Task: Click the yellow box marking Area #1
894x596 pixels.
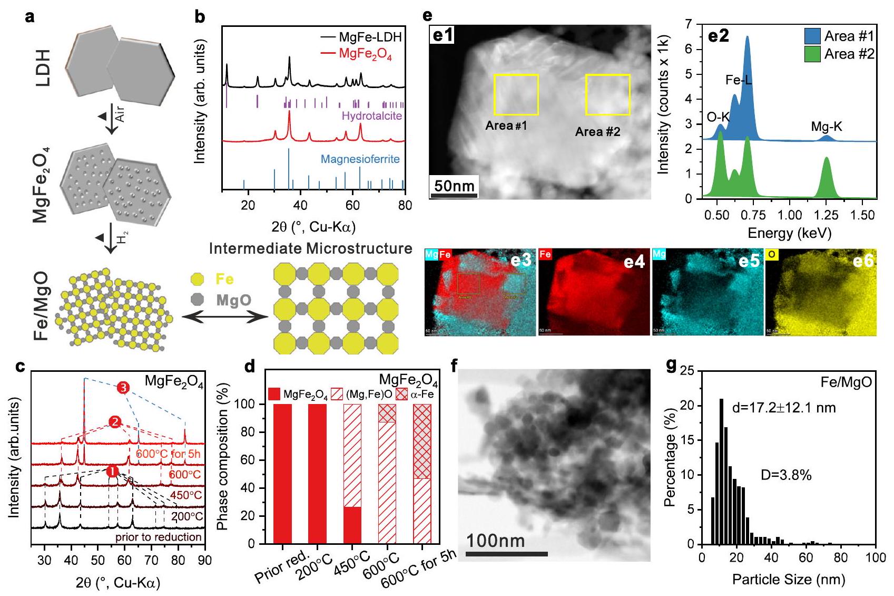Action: (x=516, y=95)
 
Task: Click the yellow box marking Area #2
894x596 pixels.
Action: (x=607, y=95)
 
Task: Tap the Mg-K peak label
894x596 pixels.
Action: (x=826, y=127)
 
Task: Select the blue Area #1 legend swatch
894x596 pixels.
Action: (x=812, y=36)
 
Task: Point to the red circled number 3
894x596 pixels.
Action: (x=123, y=388)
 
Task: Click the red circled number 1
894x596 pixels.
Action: (x=112, y=471)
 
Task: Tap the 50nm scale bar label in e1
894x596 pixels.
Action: (x=454, y=186)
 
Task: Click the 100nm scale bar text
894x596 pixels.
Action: (x=495, y=541)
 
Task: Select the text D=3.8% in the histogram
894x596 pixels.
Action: (x=786, y=475)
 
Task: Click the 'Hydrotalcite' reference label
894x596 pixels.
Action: (x=371, y=116)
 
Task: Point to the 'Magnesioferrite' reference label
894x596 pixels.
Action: (x=360, y=159)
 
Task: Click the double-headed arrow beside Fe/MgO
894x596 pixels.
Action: (x=224, y=317)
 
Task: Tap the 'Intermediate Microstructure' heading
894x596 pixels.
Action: (x=310, y=248)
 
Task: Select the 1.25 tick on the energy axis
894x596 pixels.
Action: (x=826, y=214)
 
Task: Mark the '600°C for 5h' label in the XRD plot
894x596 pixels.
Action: (x=168, y=454)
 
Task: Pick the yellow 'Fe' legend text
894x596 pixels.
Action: (x=224, y=279)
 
